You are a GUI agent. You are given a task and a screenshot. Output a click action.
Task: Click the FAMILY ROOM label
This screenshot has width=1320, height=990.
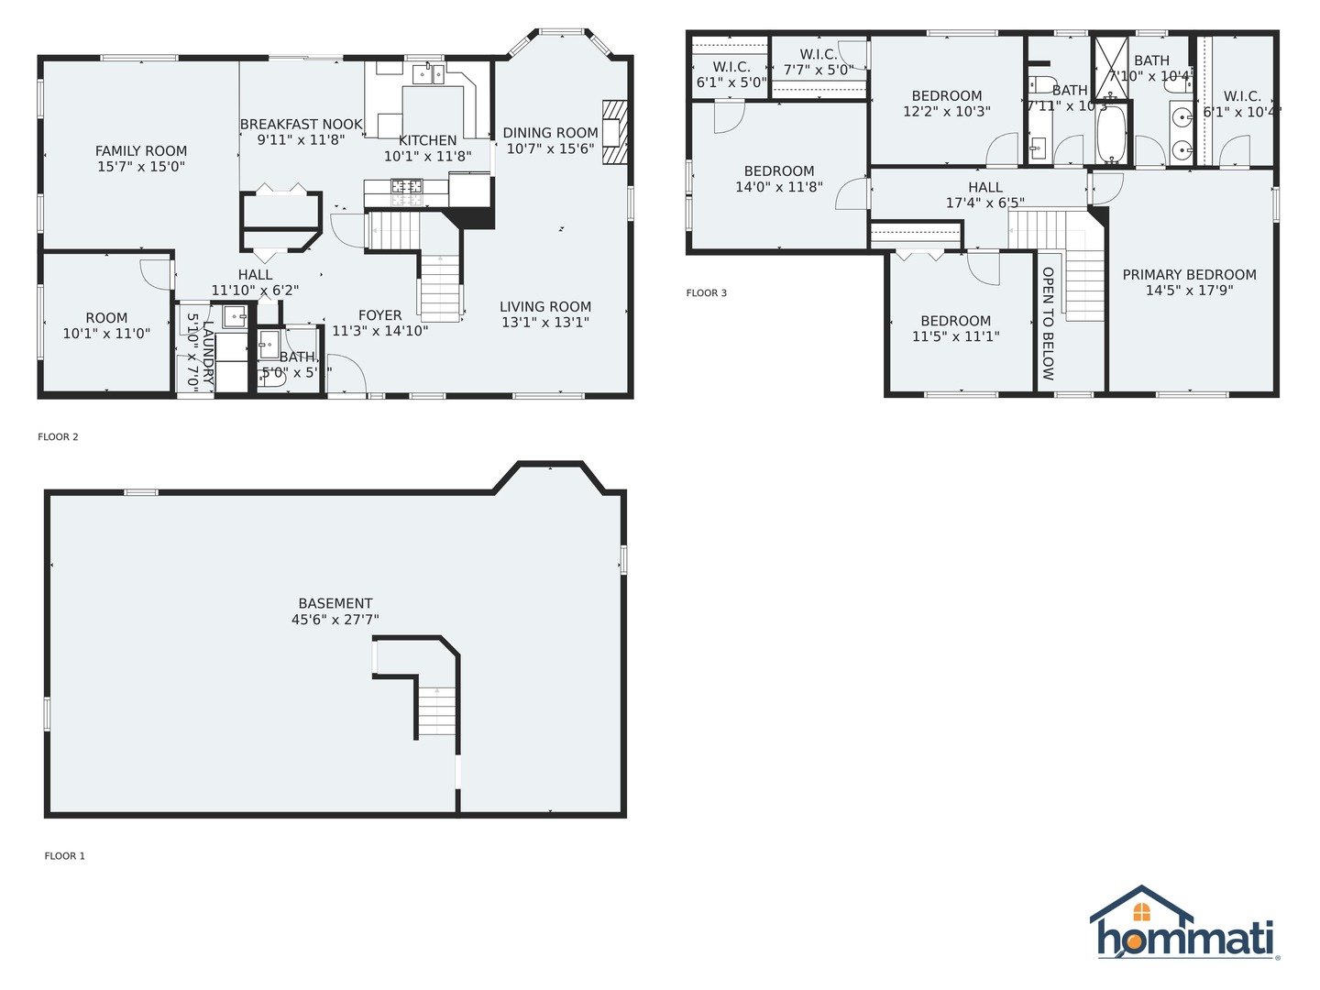141,151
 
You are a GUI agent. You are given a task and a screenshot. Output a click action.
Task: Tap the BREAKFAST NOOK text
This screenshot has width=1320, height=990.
302,125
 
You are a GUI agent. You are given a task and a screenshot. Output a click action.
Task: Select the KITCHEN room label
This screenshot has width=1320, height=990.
427,140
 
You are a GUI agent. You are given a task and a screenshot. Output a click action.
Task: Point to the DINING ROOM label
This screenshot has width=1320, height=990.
550,133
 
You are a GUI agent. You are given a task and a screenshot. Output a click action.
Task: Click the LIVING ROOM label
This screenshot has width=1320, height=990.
545,307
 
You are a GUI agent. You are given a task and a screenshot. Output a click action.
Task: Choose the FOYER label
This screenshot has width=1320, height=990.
379,315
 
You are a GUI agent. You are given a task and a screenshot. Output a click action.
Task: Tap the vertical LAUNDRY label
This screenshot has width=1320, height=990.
208,351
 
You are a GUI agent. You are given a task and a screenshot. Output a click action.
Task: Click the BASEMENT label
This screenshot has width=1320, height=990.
335,603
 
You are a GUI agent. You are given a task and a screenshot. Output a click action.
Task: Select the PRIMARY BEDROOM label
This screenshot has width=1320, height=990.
1189,275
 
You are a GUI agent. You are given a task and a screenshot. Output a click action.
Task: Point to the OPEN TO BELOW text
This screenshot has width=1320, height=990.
1048,324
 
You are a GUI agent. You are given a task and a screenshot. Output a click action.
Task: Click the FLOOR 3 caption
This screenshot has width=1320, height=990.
706,293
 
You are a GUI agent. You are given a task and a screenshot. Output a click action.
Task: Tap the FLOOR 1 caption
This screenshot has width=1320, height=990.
64,856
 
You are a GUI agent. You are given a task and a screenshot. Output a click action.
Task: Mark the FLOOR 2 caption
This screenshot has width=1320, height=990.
58,437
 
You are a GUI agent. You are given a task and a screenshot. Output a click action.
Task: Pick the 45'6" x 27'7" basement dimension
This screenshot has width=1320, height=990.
335,620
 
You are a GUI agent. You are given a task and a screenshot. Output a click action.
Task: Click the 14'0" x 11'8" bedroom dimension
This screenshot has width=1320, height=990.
779,187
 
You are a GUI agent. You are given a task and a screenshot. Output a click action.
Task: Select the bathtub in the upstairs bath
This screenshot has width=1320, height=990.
1113,135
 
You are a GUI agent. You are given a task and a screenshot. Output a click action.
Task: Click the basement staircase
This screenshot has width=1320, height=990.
437,710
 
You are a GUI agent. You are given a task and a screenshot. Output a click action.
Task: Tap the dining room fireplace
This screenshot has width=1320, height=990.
614,131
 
